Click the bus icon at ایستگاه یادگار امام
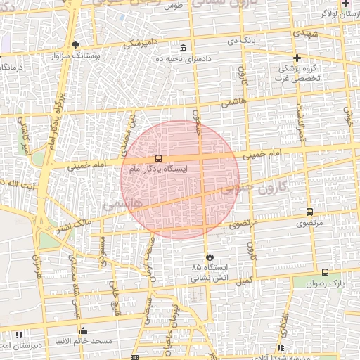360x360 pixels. (157, 159)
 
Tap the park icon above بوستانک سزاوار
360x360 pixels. (76, 44)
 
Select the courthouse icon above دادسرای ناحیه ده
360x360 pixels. (184, 48)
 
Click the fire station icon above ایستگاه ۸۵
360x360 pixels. (209, 257)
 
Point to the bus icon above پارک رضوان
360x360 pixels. (324, 272)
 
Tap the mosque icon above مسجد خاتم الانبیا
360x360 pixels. (84, 330)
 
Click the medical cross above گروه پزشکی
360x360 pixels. (297, 58)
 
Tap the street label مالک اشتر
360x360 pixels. (73, 225)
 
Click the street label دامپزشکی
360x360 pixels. (141, 44)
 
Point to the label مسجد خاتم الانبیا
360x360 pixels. (85, 341)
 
